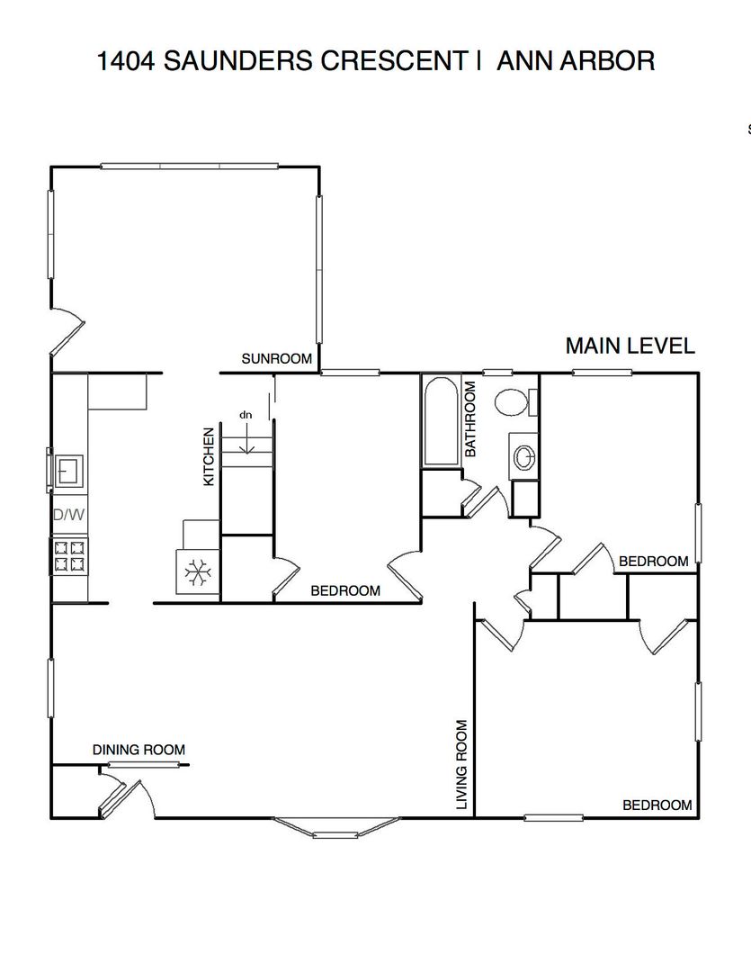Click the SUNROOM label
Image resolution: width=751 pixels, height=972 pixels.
tap(276, 359)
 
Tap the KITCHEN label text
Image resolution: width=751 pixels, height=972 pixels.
tap(209, 457)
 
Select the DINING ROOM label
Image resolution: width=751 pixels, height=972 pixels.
tap(139, 750)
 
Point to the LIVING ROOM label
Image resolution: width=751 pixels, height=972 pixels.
tap(461, 764)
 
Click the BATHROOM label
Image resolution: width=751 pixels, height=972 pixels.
tap(470, 419)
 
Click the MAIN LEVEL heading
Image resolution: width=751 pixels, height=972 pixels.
tap(630, 346)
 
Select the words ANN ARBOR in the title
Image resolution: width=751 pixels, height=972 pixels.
tap(576, 61)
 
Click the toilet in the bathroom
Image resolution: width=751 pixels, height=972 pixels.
tap(515, 402)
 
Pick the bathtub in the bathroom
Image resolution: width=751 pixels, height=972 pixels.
tap(442, 421)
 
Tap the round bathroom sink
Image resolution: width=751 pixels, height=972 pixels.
tap(524, 457)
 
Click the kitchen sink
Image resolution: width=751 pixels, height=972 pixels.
tap(68, 471)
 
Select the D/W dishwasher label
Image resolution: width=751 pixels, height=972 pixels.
tap(68, 515)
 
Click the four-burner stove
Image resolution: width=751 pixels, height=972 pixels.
tap(69, 556)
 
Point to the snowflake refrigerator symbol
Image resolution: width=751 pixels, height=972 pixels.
tap(198, 571)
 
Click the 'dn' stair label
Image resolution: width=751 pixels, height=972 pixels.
tap(246, 415)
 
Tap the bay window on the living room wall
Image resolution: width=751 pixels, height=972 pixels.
tap(335, 828)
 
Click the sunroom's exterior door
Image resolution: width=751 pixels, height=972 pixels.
tap(67, 331)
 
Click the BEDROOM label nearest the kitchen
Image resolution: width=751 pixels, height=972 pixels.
tap(345, 590)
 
